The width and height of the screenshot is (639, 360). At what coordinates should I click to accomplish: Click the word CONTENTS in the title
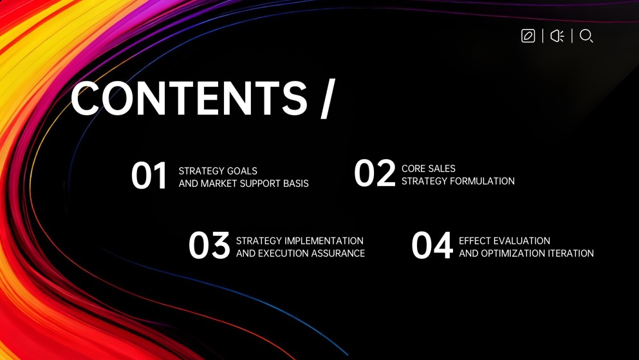tap(189, 99)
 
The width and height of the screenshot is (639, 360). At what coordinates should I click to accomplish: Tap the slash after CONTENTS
tap(328, 100)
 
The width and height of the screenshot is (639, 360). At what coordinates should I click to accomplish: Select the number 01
tap(149, 176)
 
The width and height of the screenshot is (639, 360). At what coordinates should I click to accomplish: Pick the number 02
tap(375, 174)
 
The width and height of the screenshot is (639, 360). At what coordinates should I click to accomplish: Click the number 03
tap(209, 246)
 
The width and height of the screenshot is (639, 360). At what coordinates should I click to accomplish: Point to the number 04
tap(432, 246)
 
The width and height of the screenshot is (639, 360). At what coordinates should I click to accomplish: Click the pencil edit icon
tap(528, 36)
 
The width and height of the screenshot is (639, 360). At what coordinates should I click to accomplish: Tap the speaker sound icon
tap(557, 36)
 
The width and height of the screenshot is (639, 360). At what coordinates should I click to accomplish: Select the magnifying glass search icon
tap(586, 36)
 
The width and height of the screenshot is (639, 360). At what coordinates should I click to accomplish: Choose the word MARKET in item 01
tap(223, 184)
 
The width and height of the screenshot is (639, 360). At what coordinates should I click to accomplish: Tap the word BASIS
tap(295, 184)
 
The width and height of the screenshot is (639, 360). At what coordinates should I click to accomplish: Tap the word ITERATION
tap(573, 253)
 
